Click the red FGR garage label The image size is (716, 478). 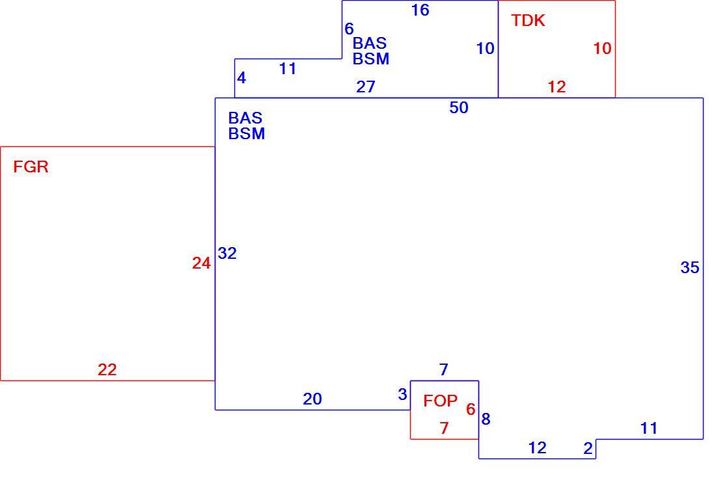point(31,167)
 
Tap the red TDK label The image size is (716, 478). point(528,21)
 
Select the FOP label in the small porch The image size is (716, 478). point(440,401)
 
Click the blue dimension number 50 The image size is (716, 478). point(459,108)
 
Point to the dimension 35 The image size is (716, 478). point(689,268)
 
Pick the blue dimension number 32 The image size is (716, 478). point(227,253)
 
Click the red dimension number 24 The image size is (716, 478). point(201,263)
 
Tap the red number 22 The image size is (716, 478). point(107,369)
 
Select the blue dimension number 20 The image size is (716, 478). point(312,399)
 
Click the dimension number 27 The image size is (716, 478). point(366,86)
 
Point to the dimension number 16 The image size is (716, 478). point(420,10)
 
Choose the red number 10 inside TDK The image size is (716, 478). point(602,48)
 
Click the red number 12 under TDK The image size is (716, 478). point(557,86)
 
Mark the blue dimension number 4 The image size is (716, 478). point(241,78)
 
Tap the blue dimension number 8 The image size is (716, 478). point(486,419)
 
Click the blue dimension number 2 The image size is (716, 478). point(588,449)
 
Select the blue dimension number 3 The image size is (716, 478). point(402,395)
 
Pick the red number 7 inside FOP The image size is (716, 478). point(445,429)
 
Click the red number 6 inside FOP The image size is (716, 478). point(471,409)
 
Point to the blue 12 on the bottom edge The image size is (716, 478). point(538,448)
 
